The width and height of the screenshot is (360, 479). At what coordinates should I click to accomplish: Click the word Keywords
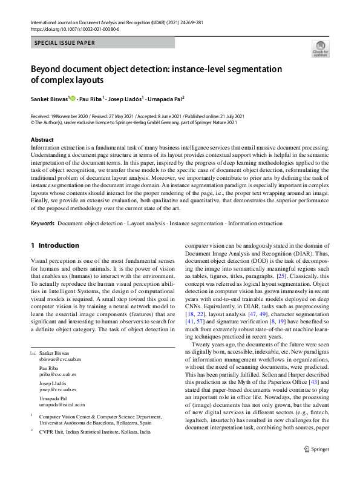42,223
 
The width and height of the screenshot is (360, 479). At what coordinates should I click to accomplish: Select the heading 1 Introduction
54,245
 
